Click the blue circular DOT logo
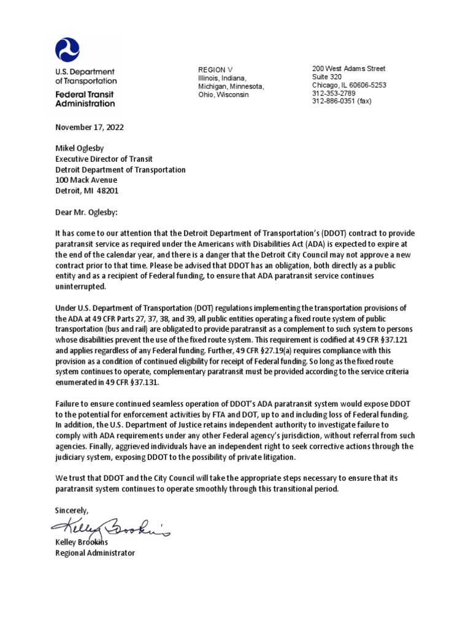(x=67, y=50)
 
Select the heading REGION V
(x=215, y=71)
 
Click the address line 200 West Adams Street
(x=349, y=69)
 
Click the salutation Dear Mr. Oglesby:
(x=89, y=212)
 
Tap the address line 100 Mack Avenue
(x=86, y=180)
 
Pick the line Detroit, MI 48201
(x=87, y=191)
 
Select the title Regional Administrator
(x=94, y=553)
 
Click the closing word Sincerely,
(x=72, y=510)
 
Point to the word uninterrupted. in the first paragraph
(x=80, y=286)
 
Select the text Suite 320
(x=327, y=77)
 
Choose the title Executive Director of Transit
(x=104, y=159)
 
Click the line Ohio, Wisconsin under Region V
(x=223, y=95)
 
